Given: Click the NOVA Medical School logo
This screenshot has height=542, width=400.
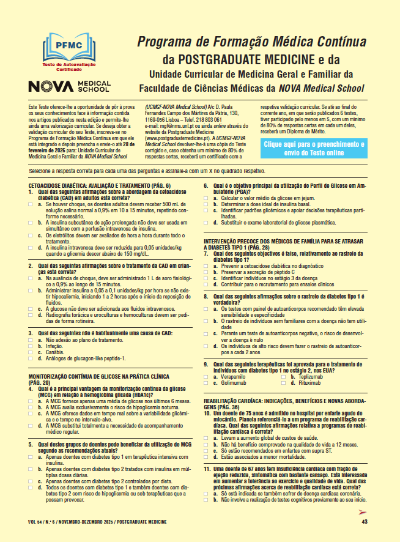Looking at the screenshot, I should click(x=69, y=86).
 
